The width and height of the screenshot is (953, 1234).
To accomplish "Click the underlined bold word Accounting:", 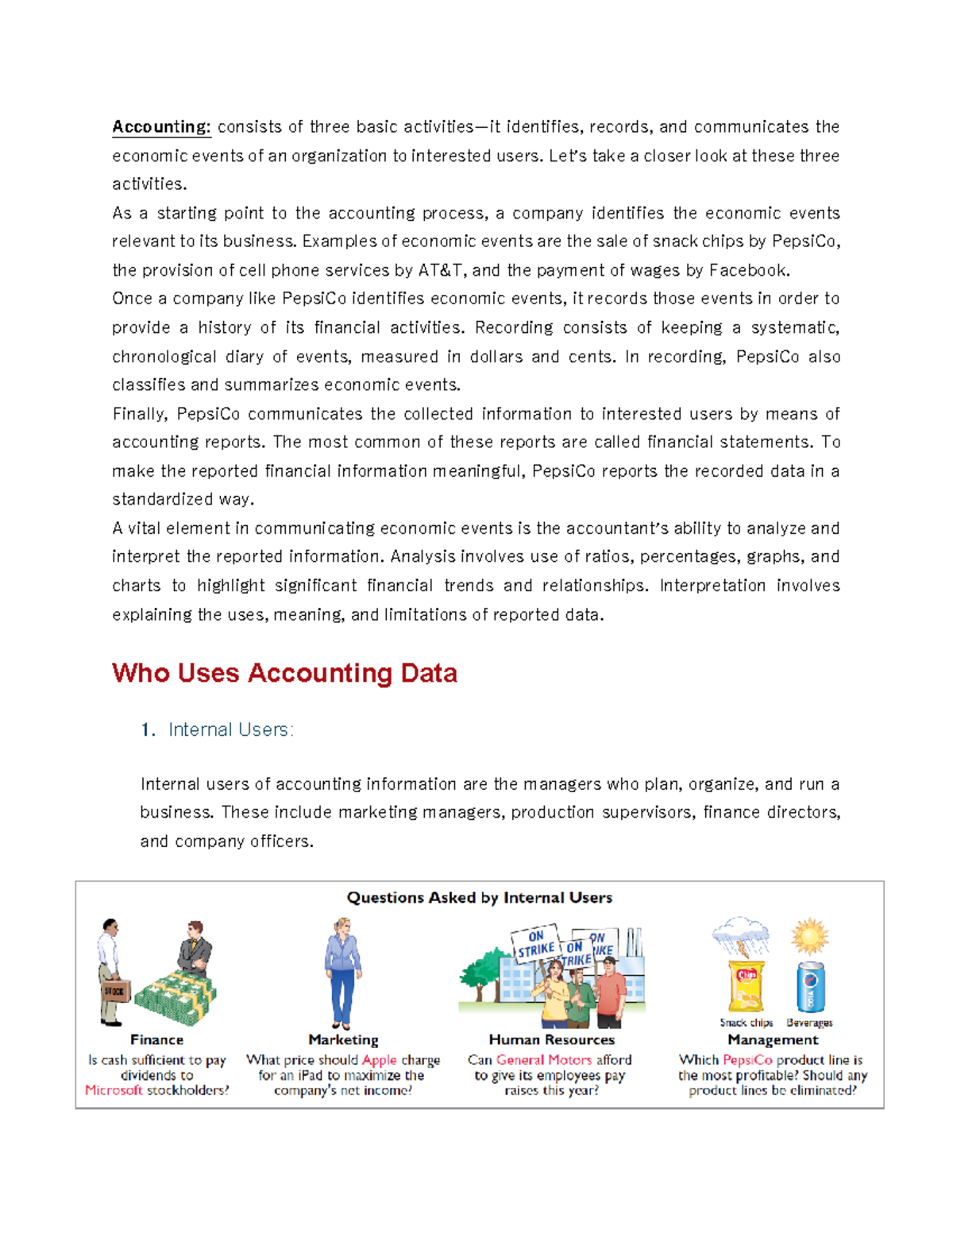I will click(x=161, y=127).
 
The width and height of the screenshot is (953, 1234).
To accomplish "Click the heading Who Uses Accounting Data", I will click(x=284, y=673).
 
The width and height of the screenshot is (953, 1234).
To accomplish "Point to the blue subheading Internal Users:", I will click(x=230, y=729).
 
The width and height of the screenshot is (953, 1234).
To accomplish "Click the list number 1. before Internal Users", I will click(x=148, y=729).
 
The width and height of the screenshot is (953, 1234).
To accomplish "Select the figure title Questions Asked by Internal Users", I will click(x=479, y=898).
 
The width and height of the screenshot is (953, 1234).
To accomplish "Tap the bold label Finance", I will click(x=156, y=1039).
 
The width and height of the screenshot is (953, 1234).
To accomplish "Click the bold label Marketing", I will click(x=343, y=1039).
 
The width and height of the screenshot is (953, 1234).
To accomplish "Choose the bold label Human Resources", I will click(x=551, y=1039).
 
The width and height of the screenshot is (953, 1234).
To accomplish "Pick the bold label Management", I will click(x=772, y=1039).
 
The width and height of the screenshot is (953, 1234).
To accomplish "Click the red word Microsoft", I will click(x=114, y=1090).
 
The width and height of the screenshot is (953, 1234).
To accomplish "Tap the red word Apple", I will click(x=379, y=1060).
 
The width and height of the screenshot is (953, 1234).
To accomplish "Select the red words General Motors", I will click(x=544, y=1060).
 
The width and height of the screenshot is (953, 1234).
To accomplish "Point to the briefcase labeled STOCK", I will click(x=115, y=991).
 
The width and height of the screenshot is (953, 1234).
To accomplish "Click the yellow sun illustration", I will click(x=809, y=936).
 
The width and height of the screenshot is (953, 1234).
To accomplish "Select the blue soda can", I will click(x=810, y=987).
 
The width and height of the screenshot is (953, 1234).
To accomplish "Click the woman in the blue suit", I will click(x=343, y=971).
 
